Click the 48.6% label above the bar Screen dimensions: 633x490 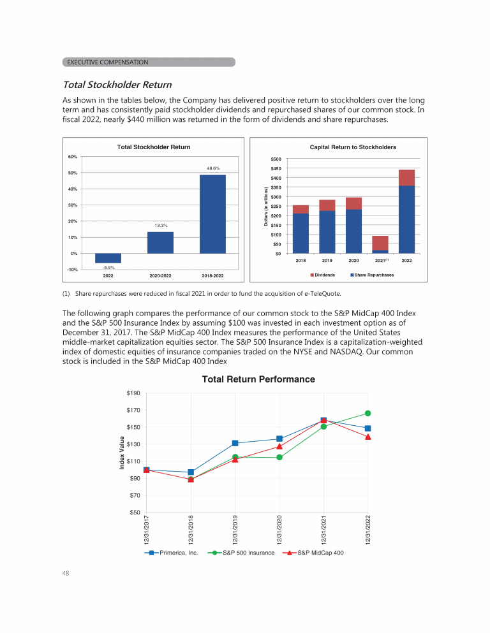[x=212, y=168]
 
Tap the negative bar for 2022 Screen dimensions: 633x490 [x=108, y=258]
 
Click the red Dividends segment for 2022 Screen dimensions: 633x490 [x=406, y=178]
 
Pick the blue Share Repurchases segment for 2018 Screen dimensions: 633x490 [x=301, y=233]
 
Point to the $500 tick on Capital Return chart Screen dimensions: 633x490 [x=276, y=159]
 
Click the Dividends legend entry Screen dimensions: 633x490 [x=323, y=275]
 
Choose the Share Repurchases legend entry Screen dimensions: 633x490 [x=372, y=275]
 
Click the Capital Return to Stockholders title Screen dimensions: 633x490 [x=353, y=147]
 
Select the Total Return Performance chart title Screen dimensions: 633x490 [x=258, y=379]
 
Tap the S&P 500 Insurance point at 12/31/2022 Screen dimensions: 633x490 [x=368, y=413]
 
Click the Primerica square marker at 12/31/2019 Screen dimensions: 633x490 [x=235, y=443]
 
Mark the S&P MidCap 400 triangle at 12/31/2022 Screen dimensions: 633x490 [x=368, y=437]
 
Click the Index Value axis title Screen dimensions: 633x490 [x=122, y=453]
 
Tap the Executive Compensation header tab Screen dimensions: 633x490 [x=149, y=62]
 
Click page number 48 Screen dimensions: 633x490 [x=66, y=573]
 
